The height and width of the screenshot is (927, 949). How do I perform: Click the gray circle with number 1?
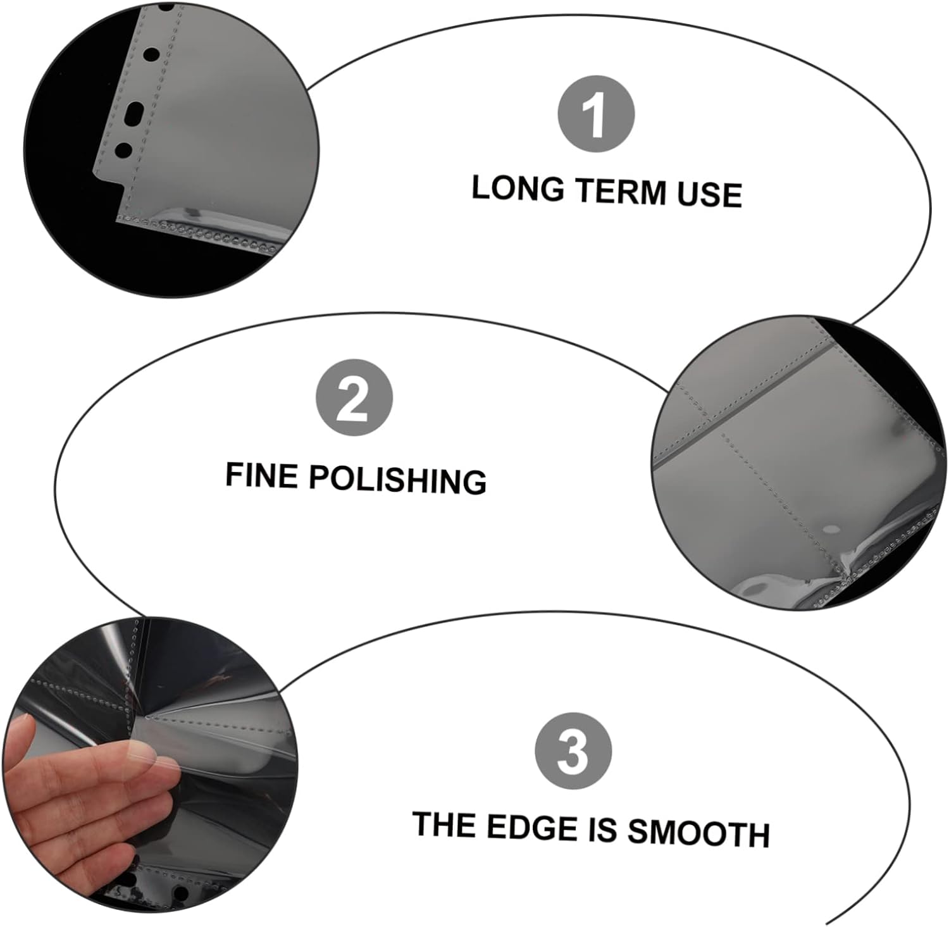click(x=595, y=115)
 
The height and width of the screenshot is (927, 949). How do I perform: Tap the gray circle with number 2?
click(x=354, y=398)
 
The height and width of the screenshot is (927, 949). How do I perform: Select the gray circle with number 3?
click(x=573, y=750)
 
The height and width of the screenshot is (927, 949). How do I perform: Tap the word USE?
click(x=709, y=194)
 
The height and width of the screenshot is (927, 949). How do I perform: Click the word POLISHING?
click(x=398, y=480)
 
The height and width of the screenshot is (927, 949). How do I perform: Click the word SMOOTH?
click(x=698, y=833)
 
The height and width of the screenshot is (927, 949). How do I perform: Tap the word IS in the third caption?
click(x=603, y=830)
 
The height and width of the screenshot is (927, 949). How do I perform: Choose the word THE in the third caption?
click(x=443, y=825)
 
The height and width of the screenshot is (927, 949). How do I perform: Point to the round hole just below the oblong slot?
click(x=124, y=151)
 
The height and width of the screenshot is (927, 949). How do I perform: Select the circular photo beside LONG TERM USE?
click(x=171, y=150)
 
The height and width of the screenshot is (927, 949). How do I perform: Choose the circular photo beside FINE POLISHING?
click(x=799, y=464)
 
